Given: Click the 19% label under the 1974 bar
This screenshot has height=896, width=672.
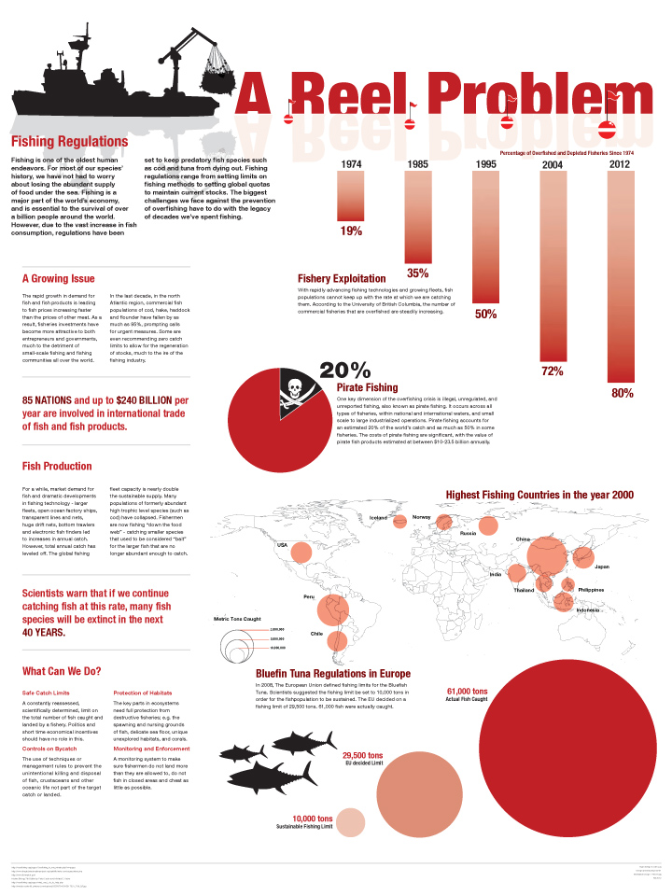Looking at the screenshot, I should click(351, 231).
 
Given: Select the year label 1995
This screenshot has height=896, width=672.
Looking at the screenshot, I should click(485, 164).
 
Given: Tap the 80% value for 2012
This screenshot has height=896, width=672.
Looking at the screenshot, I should click(622, 393).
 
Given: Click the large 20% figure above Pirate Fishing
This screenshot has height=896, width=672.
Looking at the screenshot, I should click(346, 371).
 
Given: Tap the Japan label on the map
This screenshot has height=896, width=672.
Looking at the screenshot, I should click(602, 567).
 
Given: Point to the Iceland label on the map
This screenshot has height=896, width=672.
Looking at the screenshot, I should click(378, 517).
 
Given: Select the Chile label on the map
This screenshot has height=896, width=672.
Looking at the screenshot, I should click(315, 634).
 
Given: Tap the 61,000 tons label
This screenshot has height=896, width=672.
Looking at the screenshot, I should click(468, 692).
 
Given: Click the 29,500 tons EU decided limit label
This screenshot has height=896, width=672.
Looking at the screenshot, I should click(362, 757).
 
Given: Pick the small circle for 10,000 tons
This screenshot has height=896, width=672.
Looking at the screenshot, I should click(350, 822).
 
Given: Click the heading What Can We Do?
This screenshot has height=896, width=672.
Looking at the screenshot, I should click(63, 671).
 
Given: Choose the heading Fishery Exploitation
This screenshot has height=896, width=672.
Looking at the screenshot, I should click(342, 278).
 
